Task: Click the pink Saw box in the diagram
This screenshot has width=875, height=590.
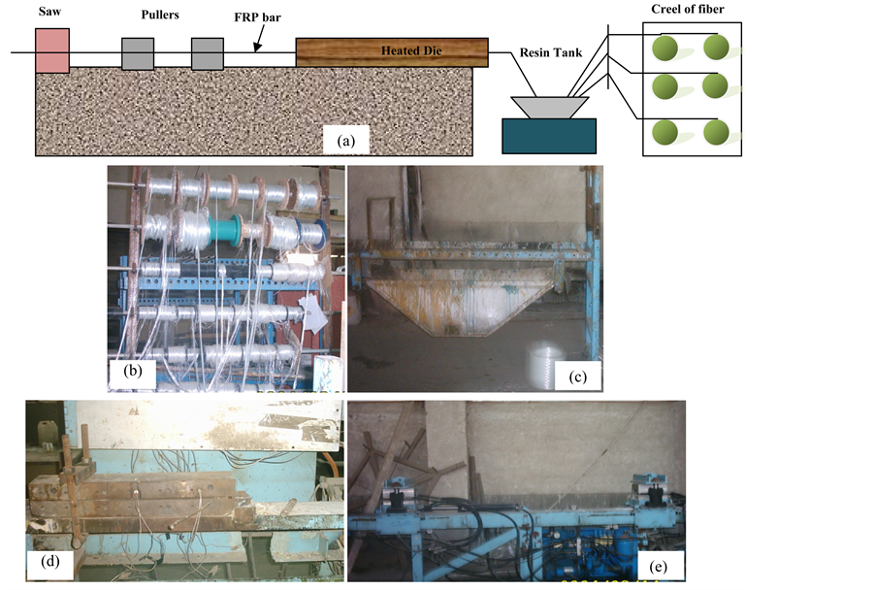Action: tap(51, 49)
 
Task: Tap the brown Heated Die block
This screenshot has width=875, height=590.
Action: tap(392, 52)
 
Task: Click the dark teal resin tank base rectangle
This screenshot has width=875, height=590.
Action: tap(549, 135)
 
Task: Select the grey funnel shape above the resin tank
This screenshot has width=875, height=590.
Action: tap(549, 105)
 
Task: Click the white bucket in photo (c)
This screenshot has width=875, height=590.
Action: tap(541, 366)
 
